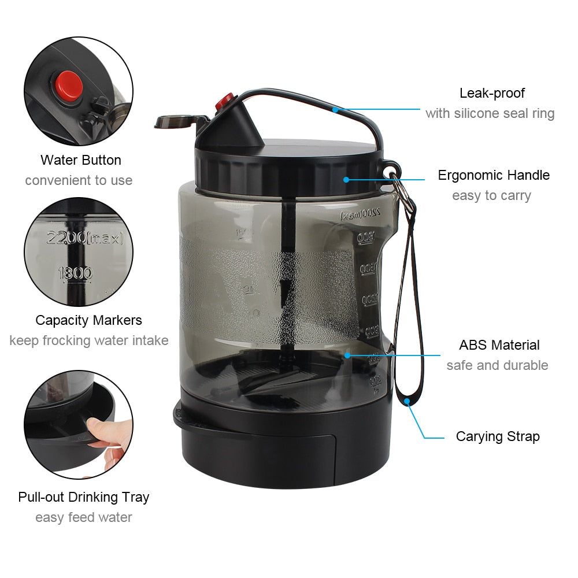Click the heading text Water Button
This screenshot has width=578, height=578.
80,160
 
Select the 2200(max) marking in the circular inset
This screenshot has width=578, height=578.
85,237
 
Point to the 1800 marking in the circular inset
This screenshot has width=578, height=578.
75,273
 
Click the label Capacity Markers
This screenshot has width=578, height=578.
88,320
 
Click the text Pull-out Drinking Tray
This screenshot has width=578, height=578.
83,497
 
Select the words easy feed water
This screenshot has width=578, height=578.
83,517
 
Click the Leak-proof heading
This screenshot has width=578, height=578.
492,93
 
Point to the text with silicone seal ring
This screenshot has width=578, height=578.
490,113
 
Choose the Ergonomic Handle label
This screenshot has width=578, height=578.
493,175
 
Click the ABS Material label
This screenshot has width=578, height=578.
499,345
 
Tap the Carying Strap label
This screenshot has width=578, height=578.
497,436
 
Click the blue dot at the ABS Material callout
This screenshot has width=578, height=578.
347,355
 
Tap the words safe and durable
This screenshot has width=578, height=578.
497,365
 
